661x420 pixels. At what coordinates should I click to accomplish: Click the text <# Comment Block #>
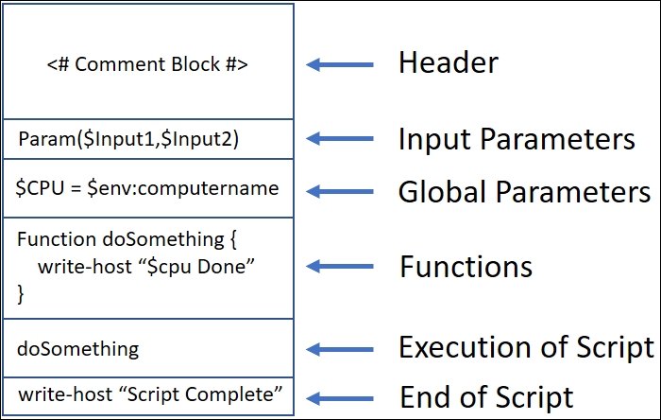point(147,64)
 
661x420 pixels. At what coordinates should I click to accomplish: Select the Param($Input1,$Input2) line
point(128,140)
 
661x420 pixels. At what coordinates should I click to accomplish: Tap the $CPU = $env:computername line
point(147,187)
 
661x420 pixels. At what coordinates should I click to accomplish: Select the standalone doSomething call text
point(77,348)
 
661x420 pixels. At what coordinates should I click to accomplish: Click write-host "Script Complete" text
point(150,394)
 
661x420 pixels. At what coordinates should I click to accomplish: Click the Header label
point(448,63)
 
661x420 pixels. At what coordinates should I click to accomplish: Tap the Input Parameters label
point(516,140)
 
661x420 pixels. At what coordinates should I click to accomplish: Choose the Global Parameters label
point(524,192)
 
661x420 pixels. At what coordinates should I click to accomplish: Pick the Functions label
point(466,267)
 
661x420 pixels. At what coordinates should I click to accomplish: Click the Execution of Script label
point(526,347)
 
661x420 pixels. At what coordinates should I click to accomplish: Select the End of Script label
point(486,396)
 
